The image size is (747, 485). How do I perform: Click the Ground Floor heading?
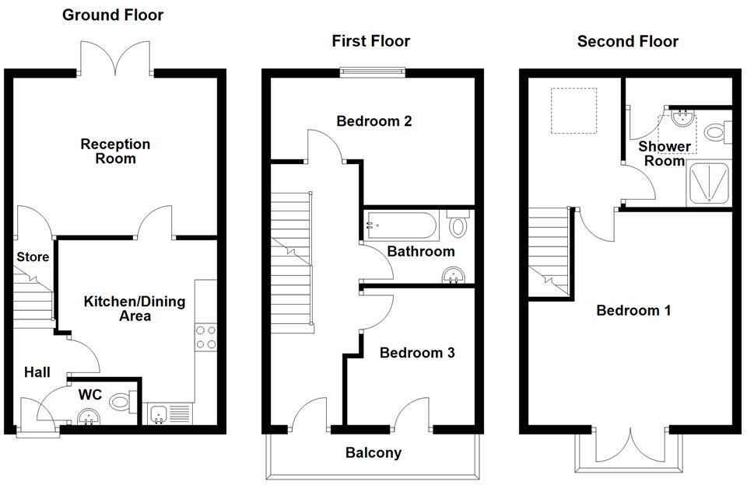click(113, 15)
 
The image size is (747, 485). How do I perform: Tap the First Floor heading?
click(370, 40)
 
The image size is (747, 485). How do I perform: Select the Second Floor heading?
click(627, 40)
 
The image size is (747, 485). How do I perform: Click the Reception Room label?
click(115, 152)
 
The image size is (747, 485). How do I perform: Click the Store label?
click(33, 256)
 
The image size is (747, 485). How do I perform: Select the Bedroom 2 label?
click(373, 121)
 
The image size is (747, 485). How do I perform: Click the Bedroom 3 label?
click(416, 353)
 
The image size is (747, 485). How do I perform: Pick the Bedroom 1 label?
click(633, 311)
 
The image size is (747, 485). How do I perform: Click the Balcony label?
click(373, 452)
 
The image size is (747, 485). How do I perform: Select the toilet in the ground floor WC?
click(121, 402)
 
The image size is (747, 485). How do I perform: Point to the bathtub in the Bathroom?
click(402, 225)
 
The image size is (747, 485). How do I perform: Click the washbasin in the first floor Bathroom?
click(454, 275)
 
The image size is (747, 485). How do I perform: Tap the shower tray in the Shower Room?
click(710, 184)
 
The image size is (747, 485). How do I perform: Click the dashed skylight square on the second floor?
click(574, 111)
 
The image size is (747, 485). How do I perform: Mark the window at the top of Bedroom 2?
click(373, 73)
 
